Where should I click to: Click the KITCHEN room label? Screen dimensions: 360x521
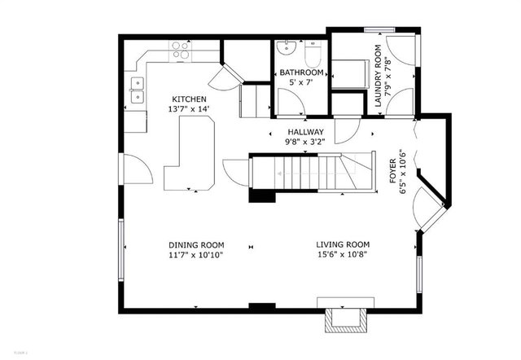coord(188,98)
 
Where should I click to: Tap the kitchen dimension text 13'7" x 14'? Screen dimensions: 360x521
coord(188,108)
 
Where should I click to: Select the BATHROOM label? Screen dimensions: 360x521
coord(300,72)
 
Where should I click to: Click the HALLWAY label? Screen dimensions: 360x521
coord(305,132)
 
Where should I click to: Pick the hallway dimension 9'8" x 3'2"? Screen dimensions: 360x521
coord(305,142)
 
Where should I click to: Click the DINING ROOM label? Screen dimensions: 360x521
coord(196,245)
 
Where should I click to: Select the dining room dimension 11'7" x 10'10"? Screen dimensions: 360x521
coord(196,255)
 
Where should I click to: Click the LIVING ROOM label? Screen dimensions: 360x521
coord(343,245)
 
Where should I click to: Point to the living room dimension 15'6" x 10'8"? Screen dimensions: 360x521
coord(343,255)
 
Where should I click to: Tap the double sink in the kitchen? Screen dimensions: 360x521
coord(136,90)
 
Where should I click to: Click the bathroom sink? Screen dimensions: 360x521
coord(287,48)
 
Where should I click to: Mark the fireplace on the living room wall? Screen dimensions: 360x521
coord(341,320)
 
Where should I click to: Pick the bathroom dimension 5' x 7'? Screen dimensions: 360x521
coord(300,82)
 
